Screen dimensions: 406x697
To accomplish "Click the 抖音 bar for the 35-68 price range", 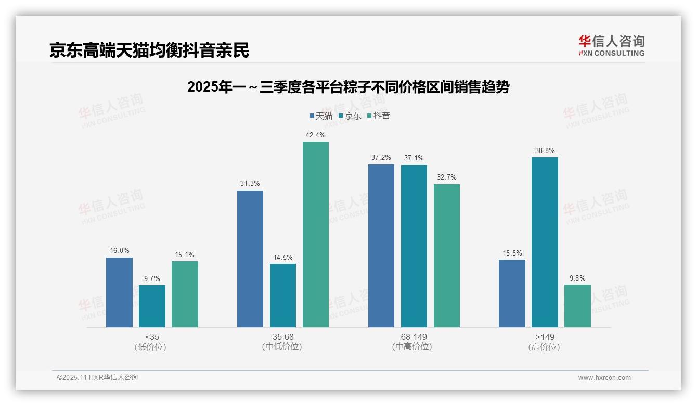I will tap(316, 234).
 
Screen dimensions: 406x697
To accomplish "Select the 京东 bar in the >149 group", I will tap(545, 242).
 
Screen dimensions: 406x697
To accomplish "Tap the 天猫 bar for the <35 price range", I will tap(119, 293).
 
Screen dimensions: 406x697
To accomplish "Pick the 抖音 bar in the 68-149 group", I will tap(447, 256).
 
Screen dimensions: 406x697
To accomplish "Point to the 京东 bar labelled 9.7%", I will tap(152, 306).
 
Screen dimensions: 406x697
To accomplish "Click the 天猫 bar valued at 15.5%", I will tap(512, 294).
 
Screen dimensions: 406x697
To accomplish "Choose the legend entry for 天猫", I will tap(321, 116).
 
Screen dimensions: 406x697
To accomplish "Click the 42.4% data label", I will tap(316, 135).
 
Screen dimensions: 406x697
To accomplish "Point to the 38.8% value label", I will tap(545, 151).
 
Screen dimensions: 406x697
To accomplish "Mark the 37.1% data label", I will tap(414, 158).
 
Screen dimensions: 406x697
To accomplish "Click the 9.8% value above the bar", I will tap(577, 278).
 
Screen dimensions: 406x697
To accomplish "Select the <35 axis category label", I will tap(152, 337).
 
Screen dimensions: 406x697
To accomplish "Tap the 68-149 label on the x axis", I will tap(414, 337).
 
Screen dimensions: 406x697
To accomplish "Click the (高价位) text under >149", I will tap(545, 347).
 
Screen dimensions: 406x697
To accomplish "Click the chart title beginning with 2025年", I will tap(348, 87).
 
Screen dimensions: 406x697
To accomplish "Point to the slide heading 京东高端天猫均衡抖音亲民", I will tap(149, 50).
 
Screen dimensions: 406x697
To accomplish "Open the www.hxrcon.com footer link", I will tap(604, 378).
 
